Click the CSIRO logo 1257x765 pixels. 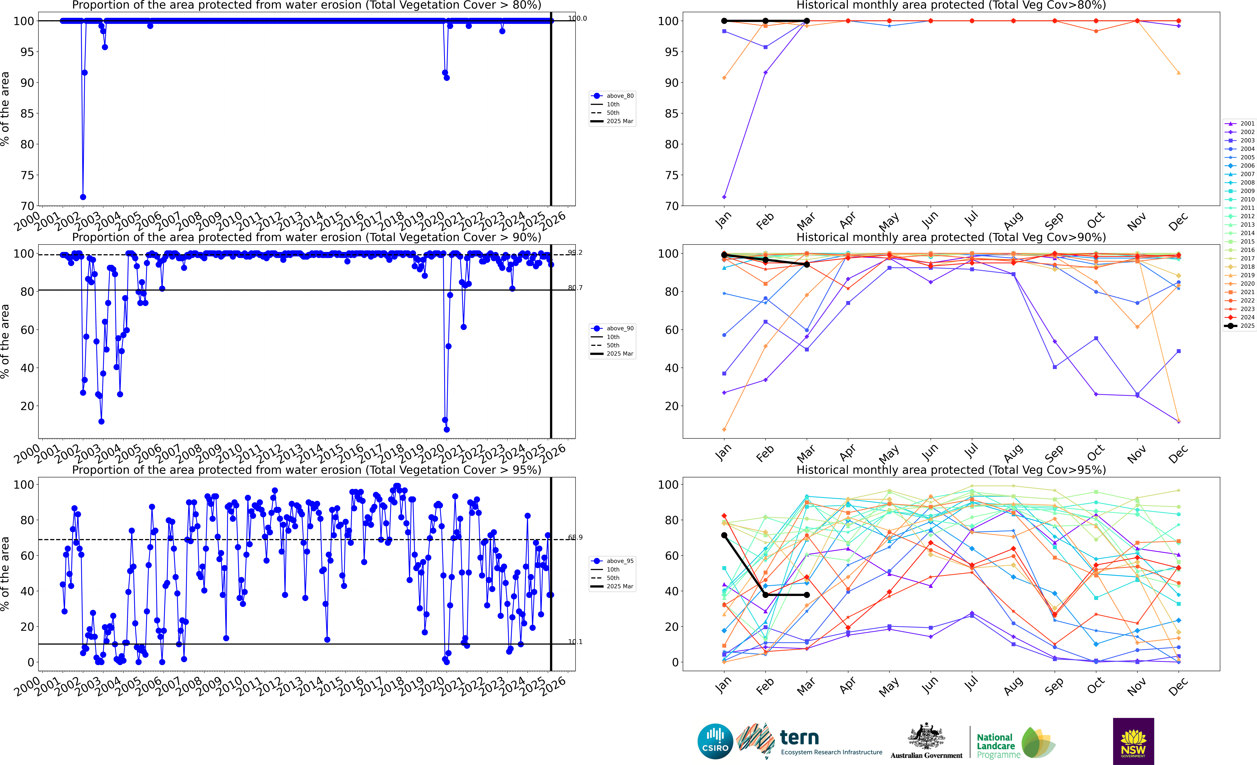point(715,741)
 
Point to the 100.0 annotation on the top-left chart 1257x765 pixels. point(577,18)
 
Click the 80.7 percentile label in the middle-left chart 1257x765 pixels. point(575,288)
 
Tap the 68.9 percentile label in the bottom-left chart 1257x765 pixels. point(575,538)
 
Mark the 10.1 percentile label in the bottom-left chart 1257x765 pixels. point(575,642)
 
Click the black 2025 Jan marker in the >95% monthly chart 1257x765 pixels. point(724,535)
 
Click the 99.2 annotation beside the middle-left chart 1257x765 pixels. point(575,252)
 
